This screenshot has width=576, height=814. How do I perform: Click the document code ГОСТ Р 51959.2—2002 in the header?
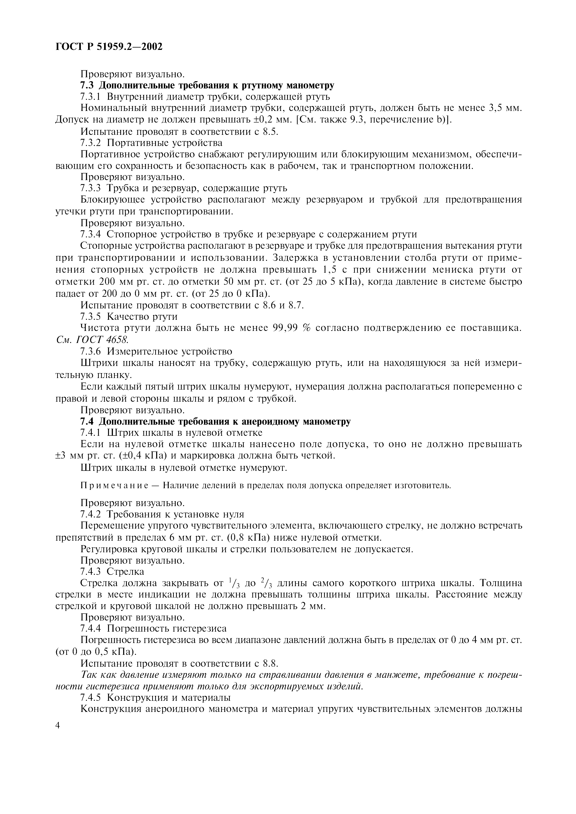[x=109, y=46]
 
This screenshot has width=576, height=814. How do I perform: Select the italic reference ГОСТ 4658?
[x=102, y=340]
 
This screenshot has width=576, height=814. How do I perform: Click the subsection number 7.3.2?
[x=91, y=143]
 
